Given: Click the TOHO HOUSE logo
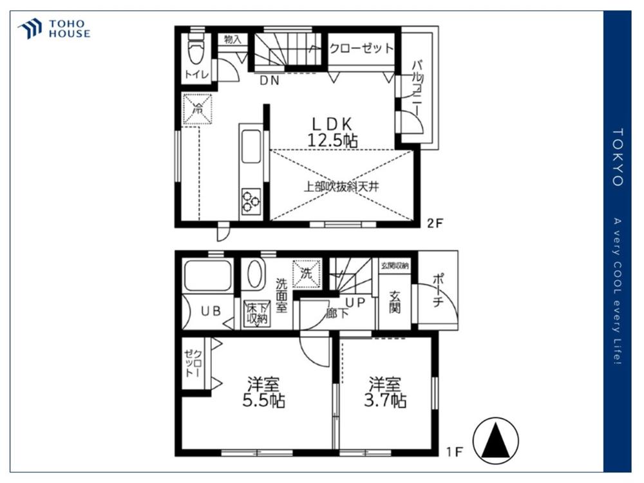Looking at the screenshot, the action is click(54, 29).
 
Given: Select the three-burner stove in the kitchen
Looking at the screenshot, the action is click(251, 201).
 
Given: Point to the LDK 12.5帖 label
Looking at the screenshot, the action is click(332, 132).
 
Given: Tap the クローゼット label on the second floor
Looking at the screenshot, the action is click(361, 48).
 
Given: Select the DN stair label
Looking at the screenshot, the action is click(269, 80).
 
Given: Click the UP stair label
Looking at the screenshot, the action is click(355, 302).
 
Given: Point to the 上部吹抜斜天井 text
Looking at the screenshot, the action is click(341, 187).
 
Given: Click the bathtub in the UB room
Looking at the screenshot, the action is click(207, 275).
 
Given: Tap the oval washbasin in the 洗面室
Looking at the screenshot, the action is click(255, 274).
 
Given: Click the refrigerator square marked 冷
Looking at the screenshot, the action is click(198, 109).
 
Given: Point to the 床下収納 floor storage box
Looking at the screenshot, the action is click(257, 314).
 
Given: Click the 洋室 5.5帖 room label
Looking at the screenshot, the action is click(263, 392).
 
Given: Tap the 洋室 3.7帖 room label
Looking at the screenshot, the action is click(385, 392).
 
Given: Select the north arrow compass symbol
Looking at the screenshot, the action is click(496, 440).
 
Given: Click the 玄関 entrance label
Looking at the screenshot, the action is click(395, 302).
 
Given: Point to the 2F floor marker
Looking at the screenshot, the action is click(435, 223).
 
